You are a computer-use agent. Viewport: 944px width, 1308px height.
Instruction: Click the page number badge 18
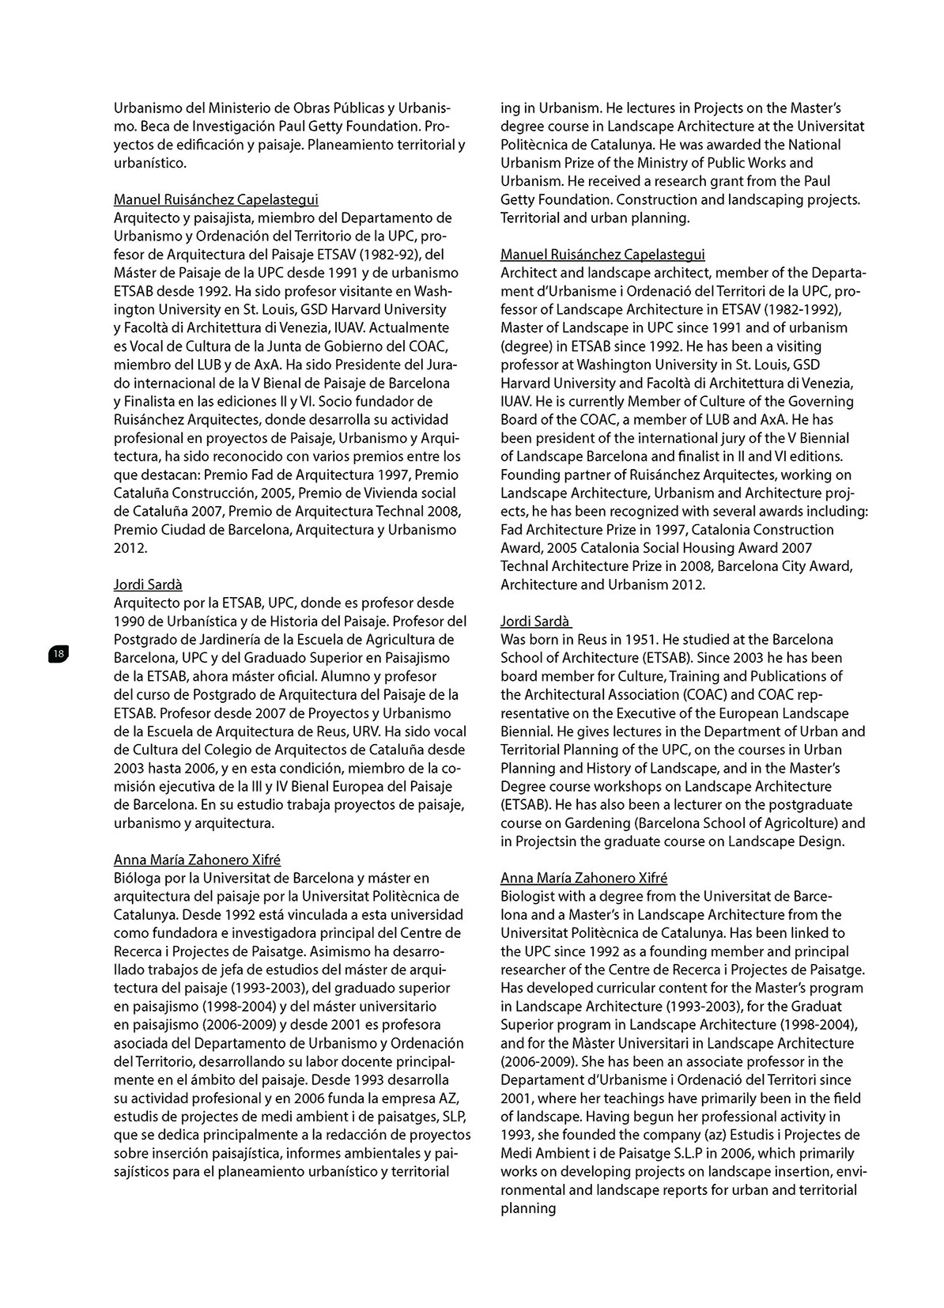pyautogui.click(x=59, y=653)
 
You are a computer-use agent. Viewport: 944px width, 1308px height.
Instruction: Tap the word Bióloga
pyautogui.click(x=137, y=878)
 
